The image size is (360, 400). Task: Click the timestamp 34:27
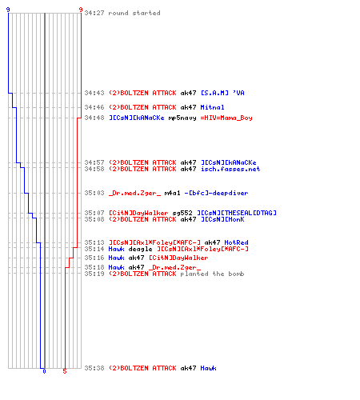point(94,13)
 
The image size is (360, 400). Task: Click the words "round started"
point(134,13)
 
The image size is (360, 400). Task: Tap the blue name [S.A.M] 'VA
point(222,93)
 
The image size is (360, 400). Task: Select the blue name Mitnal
point(212,107)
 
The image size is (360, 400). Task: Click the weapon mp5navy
point(182,118)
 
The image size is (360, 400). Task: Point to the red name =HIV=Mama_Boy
point(226,118)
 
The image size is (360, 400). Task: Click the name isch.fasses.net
point(230,169)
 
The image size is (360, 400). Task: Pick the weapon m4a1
point(172,193)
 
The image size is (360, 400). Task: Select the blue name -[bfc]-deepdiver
point(216,193)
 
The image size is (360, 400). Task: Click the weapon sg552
point(182,213)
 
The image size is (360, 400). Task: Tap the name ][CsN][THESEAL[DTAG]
point(237,213)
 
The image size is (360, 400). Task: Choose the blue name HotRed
point(236,242)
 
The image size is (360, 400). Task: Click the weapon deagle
point(140,250)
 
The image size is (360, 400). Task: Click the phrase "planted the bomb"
point(212,274)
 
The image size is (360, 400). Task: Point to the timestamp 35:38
point(94,368)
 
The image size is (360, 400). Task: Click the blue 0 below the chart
point(44,371)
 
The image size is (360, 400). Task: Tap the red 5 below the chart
point(65,371)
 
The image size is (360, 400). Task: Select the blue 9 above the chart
point(8,10)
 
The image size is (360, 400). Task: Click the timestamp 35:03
point(94,193)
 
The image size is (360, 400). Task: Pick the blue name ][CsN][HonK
point(222,219)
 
